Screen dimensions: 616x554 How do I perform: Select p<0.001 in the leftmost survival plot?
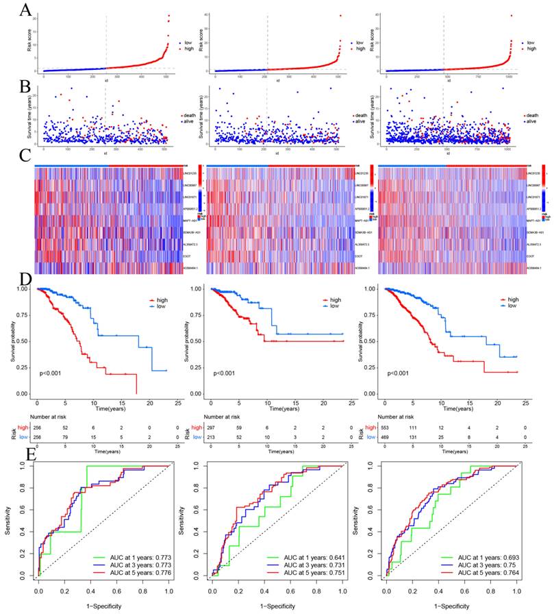tap(54, 373)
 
